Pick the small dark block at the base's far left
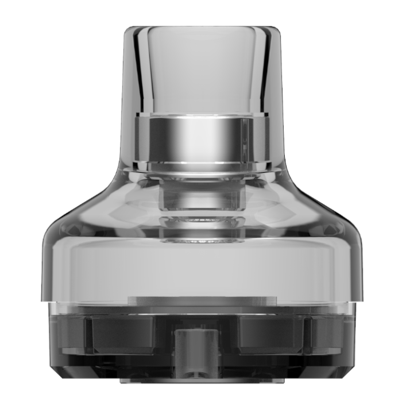[69, 333]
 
